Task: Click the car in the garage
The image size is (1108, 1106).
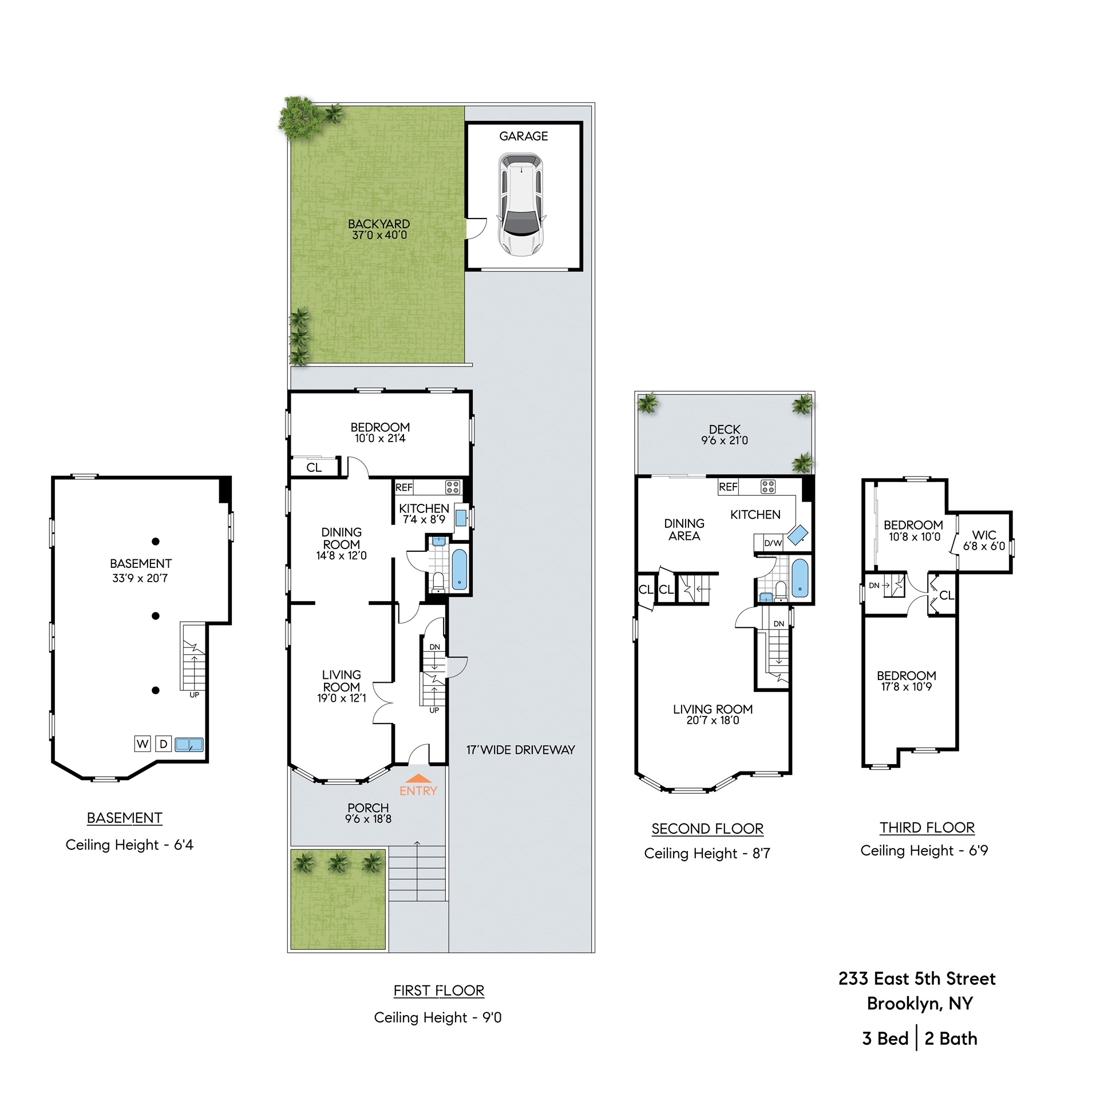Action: [x=521, y=204]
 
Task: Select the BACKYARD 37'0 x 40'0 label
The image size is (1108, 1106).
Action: [x=378, y=229]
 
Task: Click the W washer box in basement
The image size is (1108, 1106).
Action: [x=143, y=744]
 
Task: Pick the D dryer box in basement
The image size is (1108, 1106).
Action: [x=164, y=744]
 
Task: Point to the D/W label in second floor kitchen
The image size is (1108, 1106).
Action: [x=773, y=543]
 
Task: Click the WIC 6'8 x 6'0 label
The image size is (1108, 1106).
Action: [x=984, y=540]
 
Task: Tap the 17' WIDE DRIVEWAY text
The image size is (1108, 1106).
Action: [x=520, y=750]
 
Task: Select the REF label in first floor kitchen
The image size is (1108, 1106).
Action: [x=403, y=487]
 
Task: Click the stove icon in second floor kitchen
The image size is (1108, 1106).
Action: [x=767, y=487]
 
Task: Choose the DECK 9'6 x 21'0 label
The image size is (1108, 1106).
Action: [x=725, y=435]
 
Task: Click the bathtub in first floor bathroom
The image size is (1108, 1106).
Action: [x=460, y=569]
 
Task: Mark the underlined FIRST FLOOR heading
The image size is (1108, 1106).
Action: [x=439, y=990]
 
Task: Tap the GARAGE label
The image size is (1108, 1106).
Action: [x=523, y=136]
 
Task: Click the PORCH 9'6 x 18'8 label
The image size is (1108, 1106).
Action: [x=367, y=813]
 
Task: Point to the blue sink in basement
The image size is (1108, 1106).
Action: [x=189, y=745]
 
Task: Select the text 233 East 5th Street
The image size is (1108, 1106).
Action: [x=916, y=978]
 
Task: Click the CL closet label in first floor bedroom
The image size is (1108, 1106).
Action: [x=314, y=467]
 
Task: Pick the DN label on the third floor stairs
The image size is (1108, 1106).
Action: [x=873, y=585]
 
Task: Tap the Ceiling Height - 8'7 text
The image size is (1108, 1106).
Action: [x=707, y=853]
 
